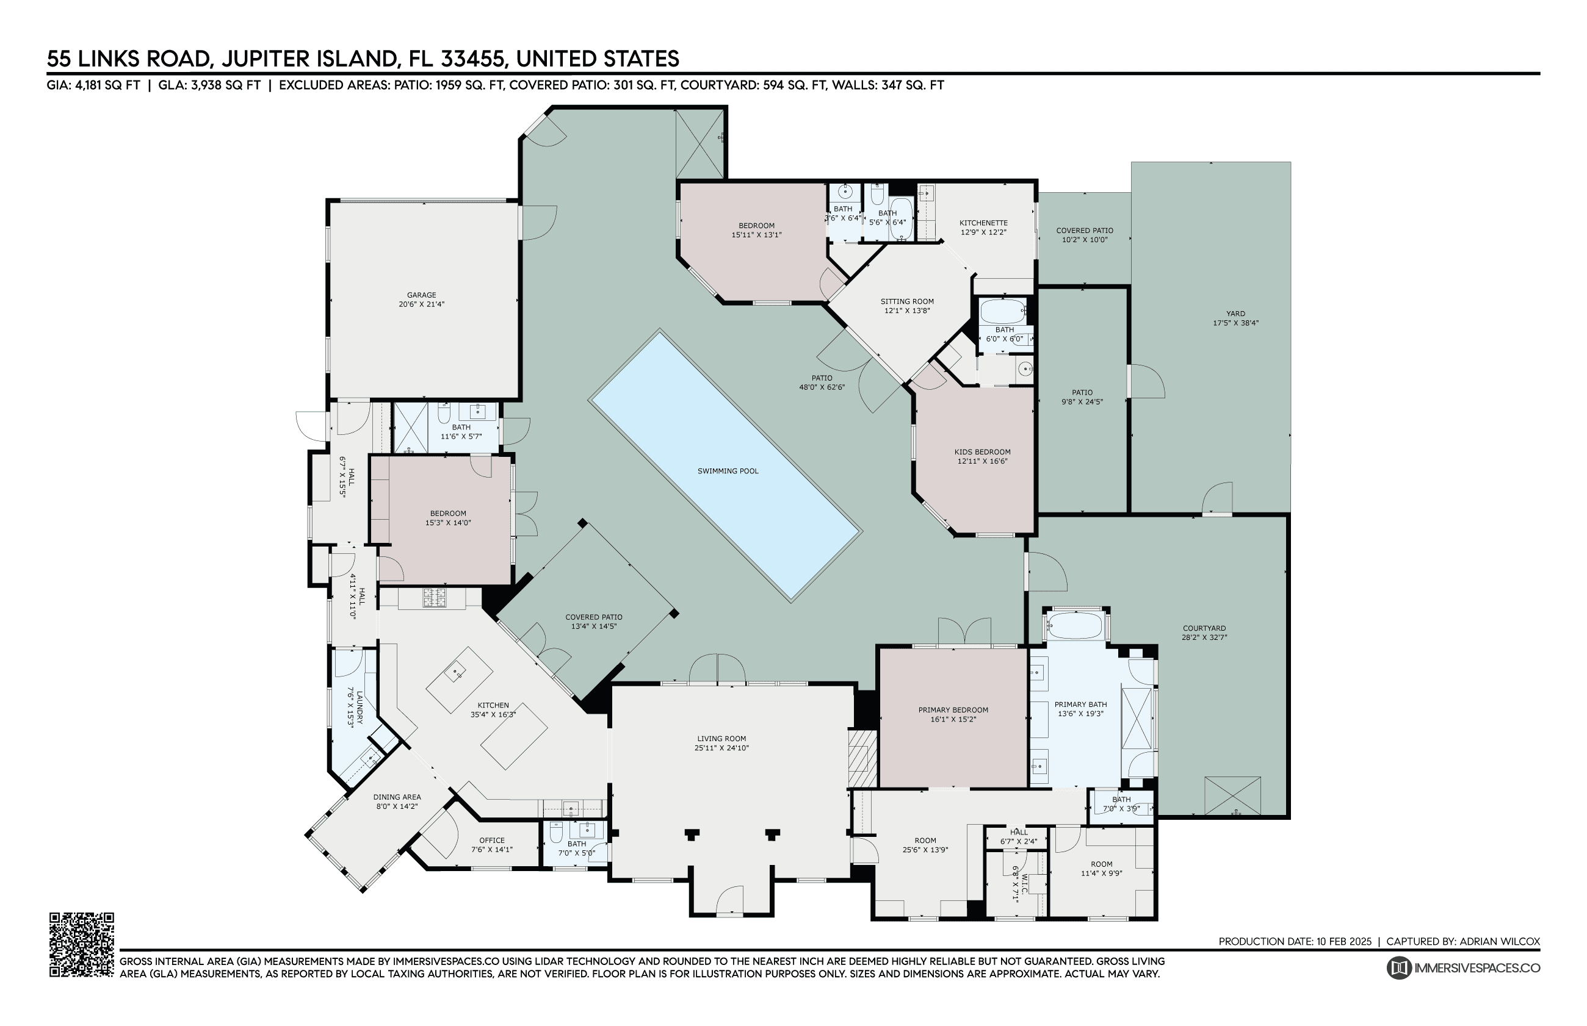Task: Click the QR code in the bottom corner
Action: pyautogui.click(x=81, y=944)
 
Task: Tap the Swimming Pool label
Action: pyautogui.click(x=728, y=471)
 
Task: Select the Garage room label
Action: pyautogui.click(x=421, y=295)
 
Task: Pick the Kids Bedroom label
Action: pyautogui.click(x=983, y=452)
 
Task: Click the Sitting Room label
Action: pyautogui.click(x=907, y=301)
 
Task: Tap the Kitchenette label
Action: pyautogui.click(x=983, y=223)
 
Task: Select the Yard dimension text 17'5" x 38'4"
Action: pyautogui.click(x=1236, y=323)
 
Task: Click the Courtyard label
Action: pyautogui.click(x=1204, y=628)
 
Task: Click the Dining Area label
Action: pyautogui.click(x=397, y=797)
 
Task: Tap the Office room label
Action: pyautogui.click(x=492, y=840)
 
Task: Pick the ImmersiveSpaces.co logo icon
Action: pyautogui.click(x=1398, y=968)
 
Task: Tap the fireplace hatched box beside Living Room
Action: pyautogui.click(x=862, y=759)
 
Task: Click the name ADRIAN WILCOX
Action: pyautogui.click(x=1500, y=941)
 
